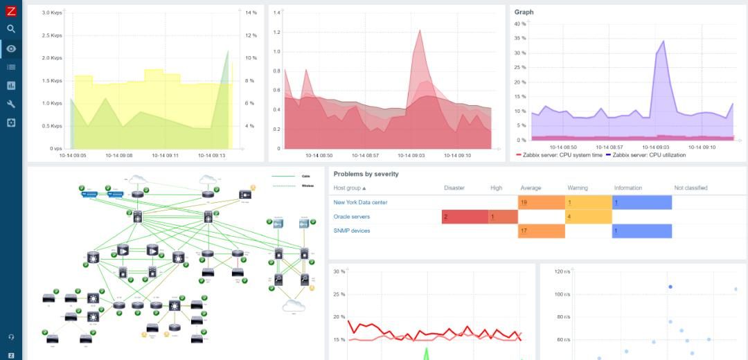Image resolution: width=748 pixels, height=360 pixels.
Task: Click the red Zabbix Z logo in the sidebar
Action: (x=10, y=10)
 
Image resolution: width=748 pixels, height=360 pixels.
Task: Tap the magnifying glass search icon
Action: (x=10, y=29)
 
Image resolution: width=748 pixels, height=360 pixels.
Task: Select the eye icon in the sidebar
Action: (x=10, y=48)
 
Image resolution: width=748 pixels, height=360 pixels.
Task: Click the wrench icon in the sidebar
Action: (x=10, y=104)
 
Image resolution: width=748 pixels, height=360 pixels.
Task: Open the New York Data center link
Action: (x=360, y=202)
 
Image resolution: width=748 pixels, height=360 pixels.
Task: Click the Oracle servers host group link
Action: (x=352, y=217)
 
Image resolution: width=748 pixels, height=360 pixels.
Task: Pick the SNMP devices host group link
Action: (x=352, y=231)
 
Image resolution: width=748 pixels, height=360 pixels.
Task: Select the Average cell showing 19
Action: (x=541, y=202)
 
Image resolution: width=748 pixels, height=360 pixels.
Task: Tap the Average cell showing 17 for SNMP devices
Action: (x=541, y=231)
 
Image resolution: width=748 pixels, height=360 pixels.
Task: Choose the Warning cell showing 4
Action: (x=587, y=217)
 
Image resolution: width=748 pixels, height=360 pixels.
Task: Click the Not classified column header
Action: (x=691, y=188)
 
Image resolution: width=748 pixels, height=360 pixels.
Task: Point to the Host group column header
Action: (x=350, y=188)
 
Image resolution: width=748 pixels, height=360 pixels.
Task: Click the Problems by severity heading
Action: (x=366, y=174)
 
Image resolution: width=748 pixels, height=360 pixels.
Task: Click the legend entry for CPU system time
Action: (x=562, y=155)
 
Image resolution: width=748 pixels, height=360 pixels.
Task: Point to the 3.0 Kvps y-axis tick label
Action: (x=51, y=13)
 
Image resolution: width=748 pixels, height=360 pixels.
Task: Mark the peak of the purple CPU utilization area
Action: (x=664, y=41)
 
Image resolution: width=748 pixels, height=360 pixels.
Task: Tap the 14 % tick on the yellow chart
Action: (x=251, y=13)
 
